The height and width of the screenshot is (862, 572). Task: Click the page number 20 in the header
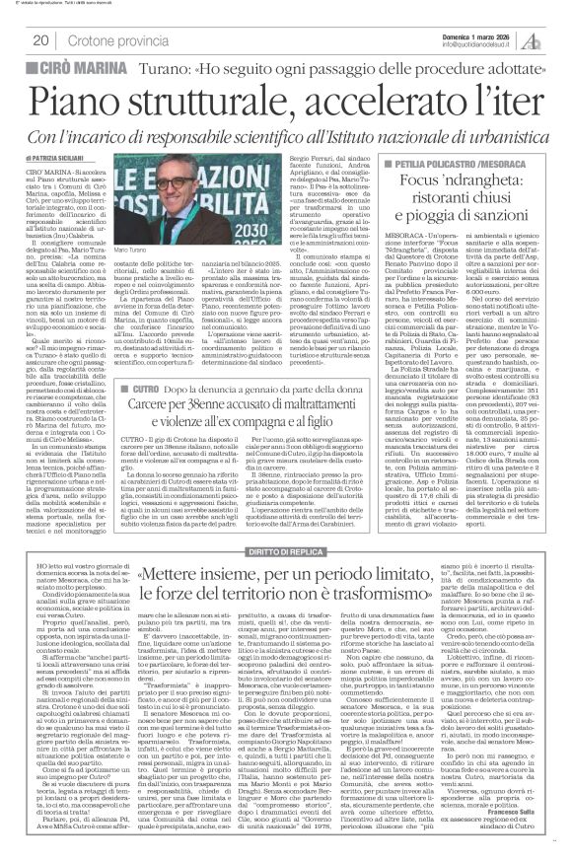(40, 40)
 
